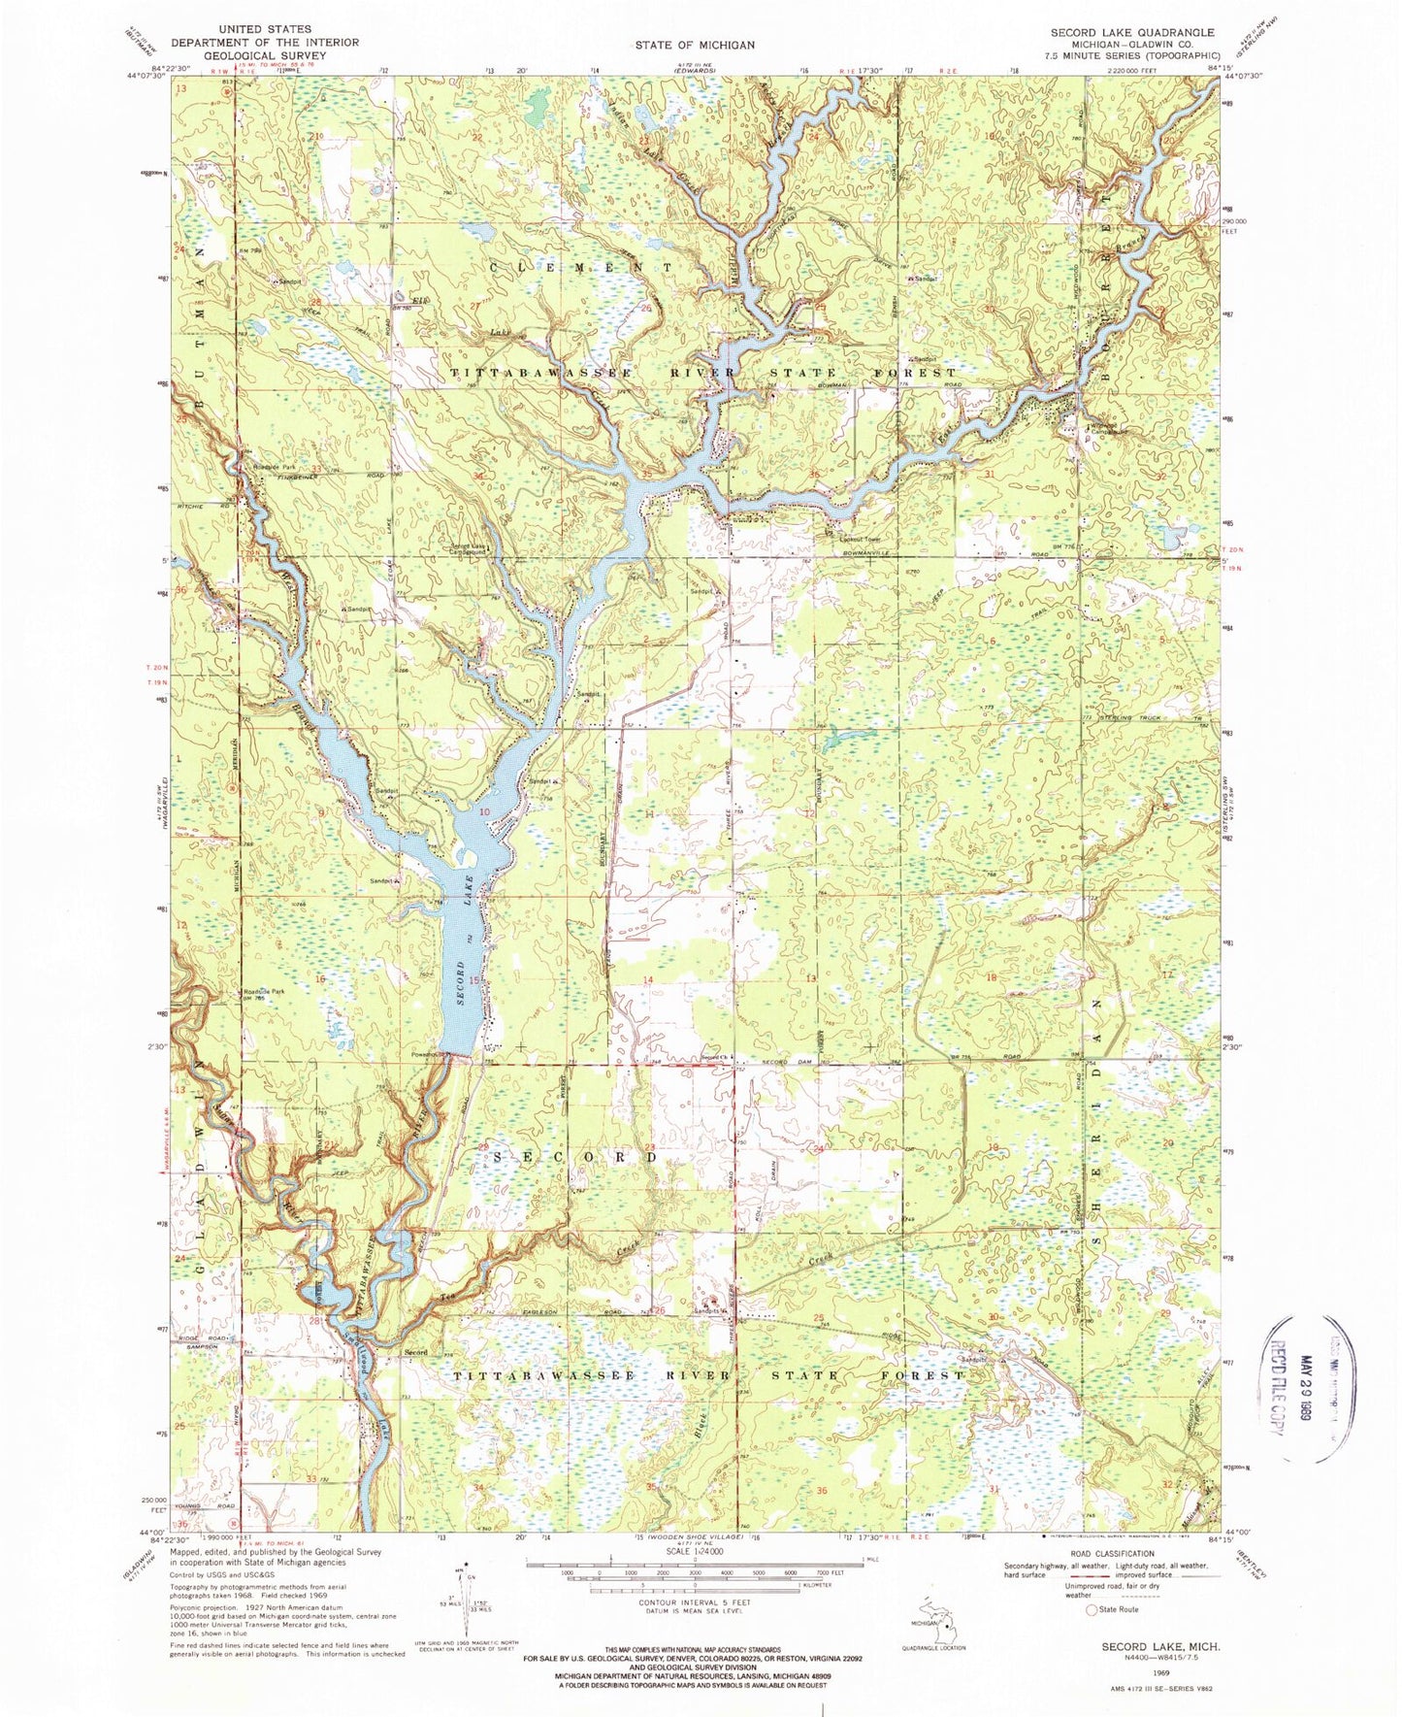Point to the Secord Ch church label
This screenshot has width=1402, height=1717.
[x=715, y=1058]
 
